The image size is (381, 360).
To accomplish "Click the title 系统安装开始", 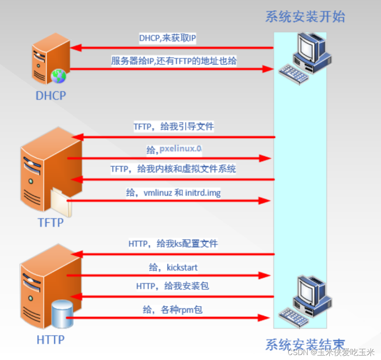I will pyautogui.click(x=305, y=17).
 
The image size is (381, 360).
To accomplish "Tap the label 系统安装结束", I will pyautogui.click(x=305, y=344).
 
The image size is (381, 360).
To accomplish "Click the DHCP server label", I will pyautogui.click(x=51, y=95).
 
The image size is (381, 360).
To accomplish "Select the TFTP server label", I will pyautogui.click(x=51, y=222).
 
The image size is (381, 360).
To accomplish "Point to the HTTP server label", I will pyautogui.click(x=51, y=340).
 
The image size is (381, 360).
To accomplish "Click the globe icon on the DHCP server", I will pyautogui.click(x=58, y=76).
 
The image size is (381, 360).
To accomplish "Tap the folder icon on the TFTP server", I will pyautogui.click(x=61, y=203).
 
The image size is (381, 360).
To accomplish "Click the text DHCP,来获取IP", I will pyautogui.click(x=167, y=38).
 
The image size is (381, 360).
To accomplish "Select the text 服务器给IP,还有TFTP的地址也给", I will pyautogui.click(x=174, y=61).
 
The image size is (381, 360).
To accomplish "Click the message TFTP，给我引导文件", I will pyautogui.click(x=174, y=126).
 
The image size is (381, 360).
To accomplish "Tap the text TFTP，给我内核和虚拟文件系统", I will pyautogui.click(x=173, y=169).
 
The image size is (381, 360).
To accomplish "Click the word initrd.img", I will pyautogui.click(x=203, y=193).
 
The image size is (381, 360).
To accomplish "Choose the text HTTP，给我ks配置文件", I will pyautogui.click(x=173, y=244).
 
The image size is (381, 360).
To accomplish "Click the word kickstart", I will pyautogui.click(x=182, y=268).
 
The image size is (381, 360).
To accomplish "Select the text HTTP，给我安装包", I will pyautogui.click(x=172, y=286).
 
